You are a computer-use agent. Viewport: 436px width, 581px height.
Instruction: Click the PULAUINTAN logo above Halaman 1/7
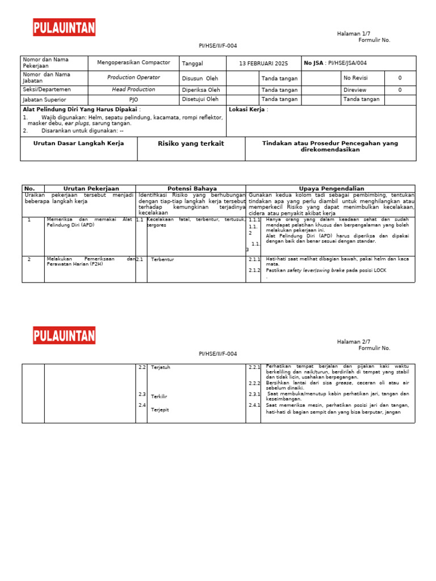(64, 27)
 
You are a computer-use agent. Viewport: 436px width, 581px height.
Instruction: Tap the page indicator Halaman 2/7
(353, 342)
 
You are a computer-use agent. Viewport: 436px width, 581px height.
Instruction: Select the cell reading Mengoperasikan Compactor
(133, 63)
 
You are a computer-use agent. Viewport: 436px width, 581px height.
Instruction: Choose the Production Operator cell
(133, 78)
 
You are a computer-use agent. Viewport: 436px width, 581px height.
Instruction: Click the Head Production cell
(133, 90)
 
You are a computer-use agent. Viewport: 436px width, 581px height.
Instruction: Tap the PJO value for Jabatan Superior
(133, 100)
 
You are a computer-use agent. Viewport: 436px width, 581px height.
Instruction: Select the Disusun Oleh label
(200, 79)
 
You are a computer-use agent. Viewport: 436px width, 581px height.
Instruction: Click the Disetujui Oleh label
(200, 99)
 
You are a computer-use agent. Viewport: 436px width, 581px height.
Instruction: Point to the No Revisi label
(357, 78)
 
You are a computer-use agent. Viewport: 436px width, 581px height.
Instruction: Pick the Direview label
(355, 90)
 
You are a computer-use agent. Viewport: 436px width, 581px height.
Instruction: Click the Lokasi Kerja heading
(248, 110)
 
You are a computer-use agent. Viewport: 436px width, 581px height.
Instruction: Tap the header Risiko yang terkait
(191, 144)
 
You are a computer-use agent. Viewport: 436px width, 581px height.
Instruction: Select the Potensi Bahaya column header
(190, 188)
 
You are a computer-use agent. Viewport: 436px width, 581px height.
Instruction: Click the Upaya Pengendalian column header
(331, 188)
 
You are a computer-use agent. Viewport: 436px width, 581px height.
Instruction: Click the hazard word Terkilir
(160, 396)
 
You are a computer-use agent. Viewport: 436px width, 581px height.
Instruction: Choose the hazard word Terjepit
(160, 409)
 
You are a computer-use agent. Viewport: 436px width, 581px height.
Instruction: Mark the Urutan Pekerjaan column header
(91, 188)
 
